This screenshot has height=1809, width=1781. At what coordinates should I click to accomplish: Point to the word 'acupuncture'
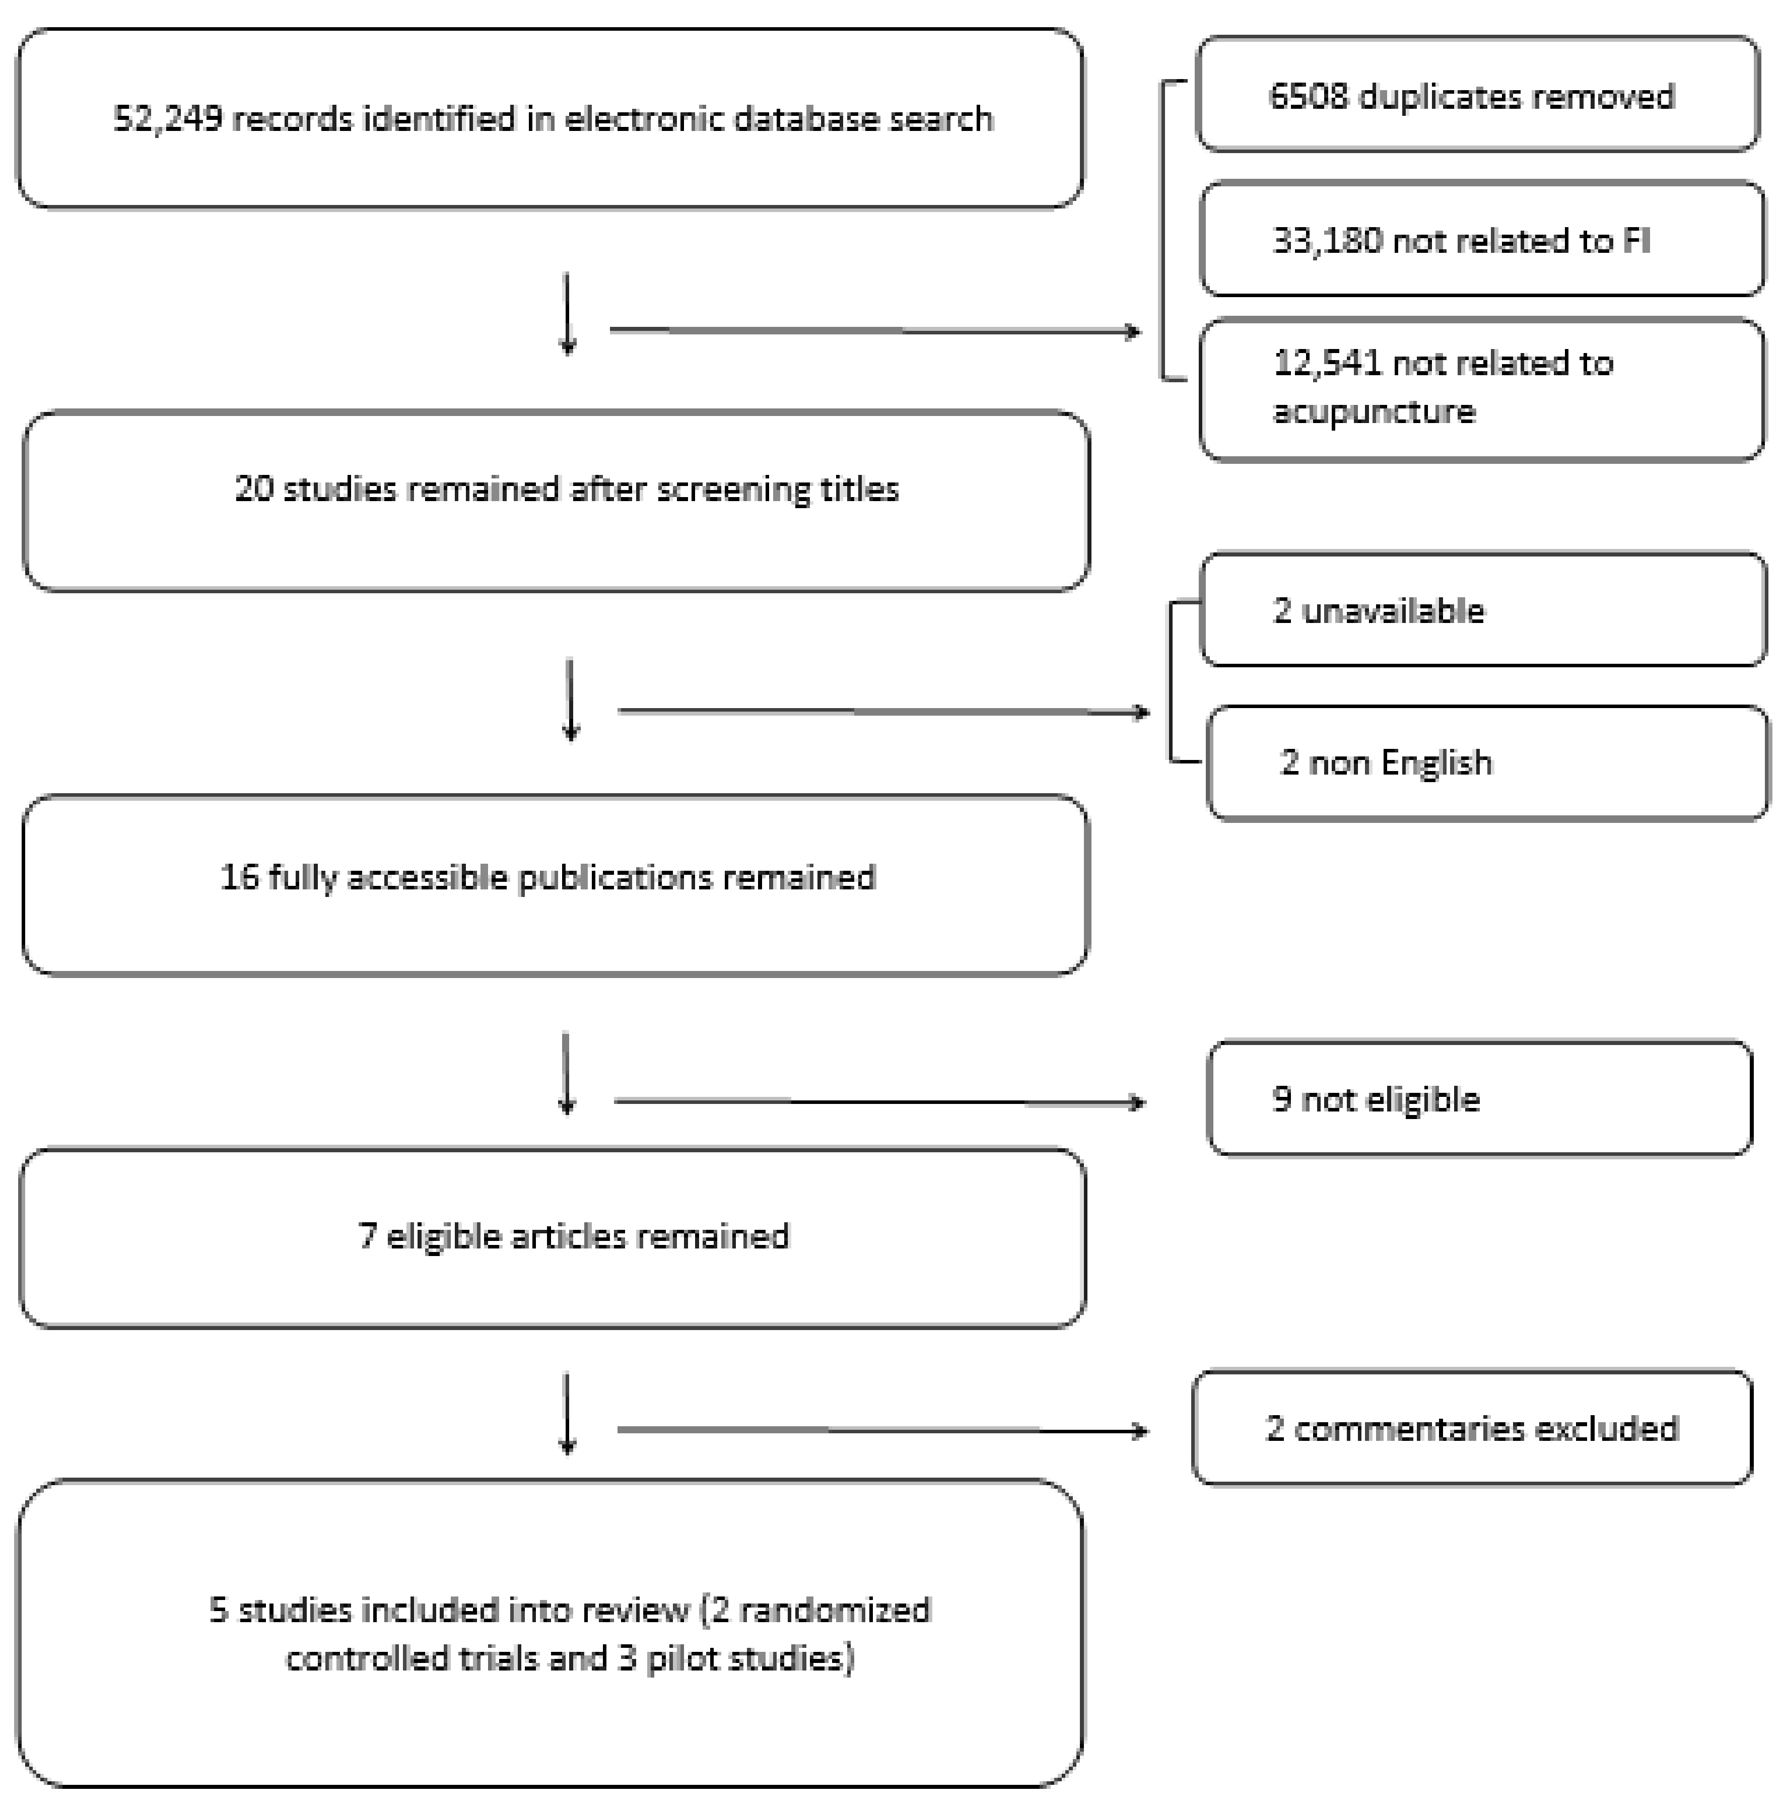pos(1374,411)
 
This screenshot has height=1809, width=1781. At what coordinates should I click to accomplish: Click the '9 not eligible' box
pos(1480,1099)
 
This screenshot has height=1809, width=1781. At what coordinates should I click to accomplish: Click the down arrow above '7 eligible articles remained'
pos(566,1074)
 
